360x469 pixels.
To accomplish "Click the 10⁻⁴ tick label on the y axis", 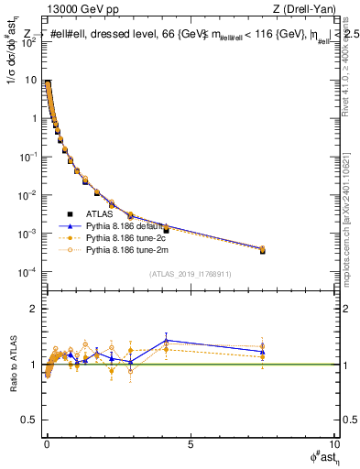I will click(x=29, y=272).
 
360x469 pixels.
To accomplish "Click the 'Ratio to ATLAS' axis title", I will click(x=13, y=365).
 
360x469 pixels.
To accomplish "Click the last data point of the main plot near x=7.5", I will click(x=262, y=249).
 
